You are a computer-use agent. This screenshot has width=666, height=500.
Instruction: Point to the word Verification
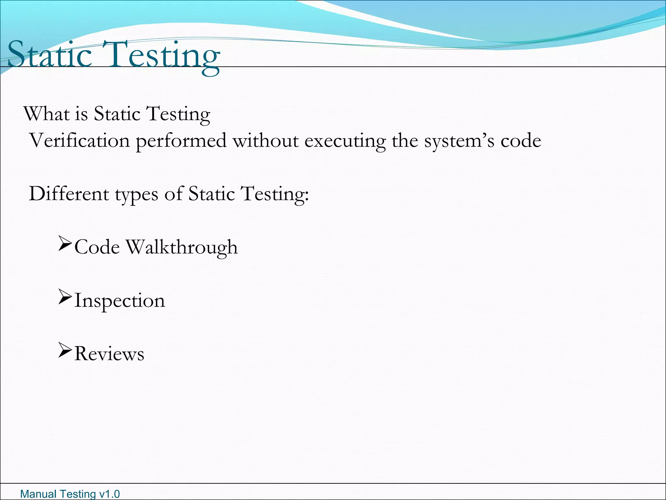[x=80, y=141]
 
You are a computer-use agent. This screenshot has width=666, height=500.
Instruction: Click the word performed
[x=181, y=141]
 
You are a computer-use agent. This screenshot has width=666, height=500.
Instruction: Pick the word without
[x=265, y=141]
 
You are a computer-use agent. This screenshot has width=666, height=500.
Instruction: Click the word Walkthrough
[x=182, y=247]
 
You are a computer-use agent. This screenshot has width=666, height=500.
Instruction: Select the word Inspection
[x=120, y=301]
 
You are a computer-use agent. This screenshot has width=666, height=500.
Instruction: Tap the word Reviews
[x=109, y=354]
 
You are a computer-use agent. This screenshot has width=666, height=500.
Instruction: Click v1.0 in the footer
[x=109, y=494]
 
